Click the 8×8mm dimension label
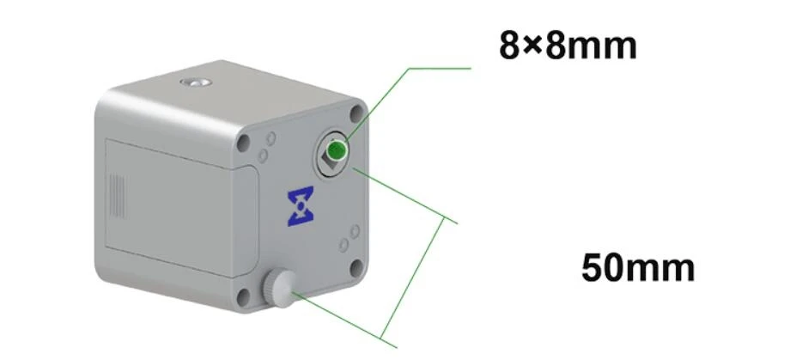coord(568,46)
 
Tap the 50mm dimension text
coord(638,267)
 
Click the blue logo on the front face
coord(301,206)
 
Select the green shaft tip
coord(336,150)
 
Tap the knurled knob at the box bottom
coord(279,289)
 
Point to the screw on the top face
coord(196,82)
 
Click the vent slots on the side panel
coord(118,196)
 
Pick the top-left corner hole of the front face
coord(244,143)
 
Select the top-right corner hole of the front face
coord(357,113)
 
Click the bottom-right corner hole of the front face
coord(357,267)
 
